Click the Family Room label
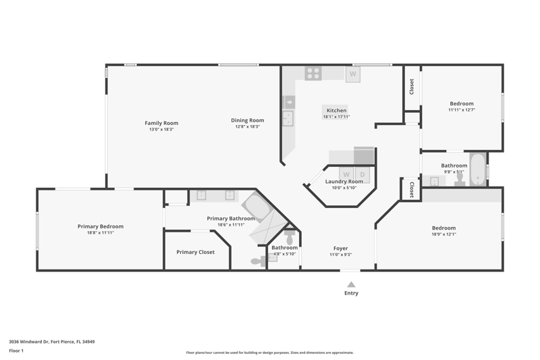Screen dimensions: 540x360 161,123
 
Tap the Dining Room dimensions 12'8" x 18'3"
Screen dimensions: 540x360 248,126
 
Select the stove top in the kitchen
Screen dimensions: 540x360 313,74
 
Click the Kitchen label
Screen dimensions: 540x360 336,110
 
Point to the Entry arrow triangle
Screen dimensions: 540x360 351,284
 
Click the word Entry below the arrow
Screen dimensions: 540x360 351,293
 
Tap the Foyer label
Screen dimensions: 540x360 341,249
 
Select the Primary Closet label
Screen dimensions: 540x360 196,252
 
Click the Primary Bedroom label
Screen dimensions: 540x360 101,226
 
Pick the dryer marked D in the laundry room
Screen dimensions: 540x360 362,175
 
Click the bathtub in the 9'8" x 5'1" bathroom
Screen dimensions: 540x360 478,170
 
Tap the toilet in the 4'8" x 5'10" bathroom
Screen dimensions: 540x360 290,236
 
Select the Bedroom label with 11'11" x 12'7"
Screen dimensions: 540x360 462,103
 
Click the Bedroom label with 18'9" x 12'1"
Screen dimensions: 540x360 444,228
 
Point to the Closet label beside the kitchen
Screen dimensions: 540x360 412,87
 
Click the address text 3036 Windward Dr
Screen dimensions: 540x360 28,342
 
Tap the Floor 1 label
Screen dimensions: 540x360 16,351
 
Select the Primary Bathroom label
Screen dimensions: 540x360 231,218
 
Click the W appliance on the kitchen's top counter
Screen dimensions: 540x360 353,74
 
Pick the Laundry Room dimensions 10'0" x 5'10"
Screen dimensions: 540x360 344,188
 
